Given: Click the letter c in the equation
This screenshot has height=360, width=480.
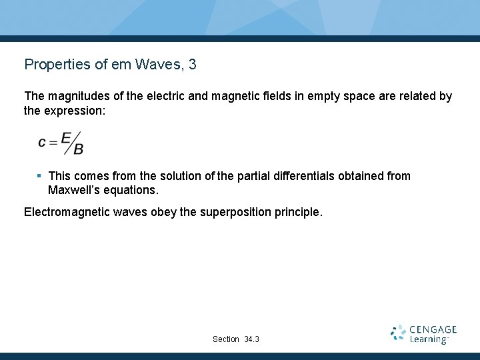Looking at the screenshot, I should coord(43,142).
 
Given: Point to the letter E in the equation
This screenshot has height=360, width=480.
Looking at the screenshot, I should coord(65,137).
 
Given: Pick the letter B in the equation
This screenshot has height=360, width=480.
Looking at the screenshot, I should coord(79,149).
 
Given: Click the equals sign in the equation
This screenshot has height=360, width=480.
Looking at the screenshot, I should coord(53,142).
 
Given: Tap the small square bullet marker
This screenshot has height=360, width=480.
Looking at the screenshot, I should coord(39,176).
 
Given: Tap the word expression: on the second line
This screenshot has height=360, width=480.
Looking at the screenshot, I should coord(74,111).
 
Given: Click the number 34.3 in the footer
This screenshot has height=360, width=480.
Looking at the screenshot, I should coord(251,339).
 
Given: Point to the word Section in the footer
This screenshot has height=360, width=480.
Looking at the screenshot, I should coord(226,339).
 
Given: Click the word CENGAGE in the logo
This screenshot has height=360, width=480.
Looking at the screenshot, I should coord(433,329).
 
